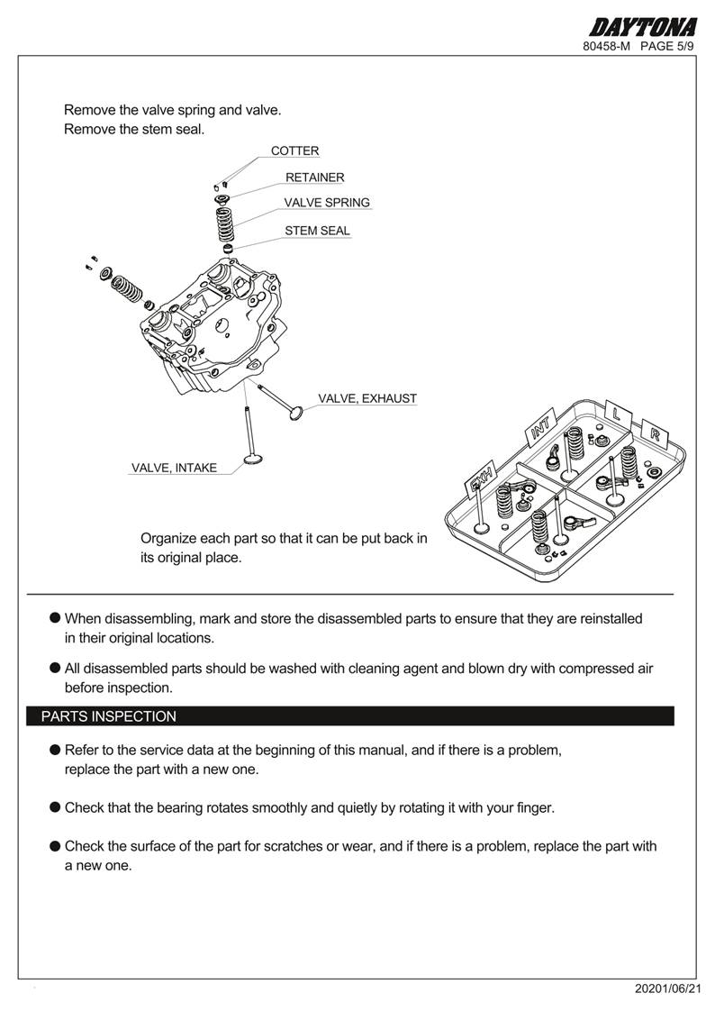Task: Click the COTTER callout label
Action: [294, 151]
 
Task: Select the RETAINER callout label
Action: [314, 178]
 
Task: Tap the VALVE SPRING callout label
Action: [327, 203]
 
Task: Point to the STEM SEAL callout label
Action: [317, 231]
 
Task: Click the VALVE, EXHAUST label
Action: [367, 398]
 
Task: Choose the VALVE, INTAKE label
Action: [174, 468]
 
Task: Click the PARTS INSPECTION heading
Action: [109, 716]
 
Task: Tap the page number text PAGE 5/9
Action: [667, 46]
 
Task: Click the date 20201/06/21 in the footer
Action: [666, 988]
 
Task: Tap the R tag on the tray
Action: [655, 433]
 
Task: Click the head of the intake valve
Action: [255, 463]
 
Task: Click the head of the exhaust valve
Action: [294, 414]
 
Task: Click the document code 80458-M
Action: [607, 46]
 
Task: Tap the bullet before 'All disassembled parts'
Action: [55, 668]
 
